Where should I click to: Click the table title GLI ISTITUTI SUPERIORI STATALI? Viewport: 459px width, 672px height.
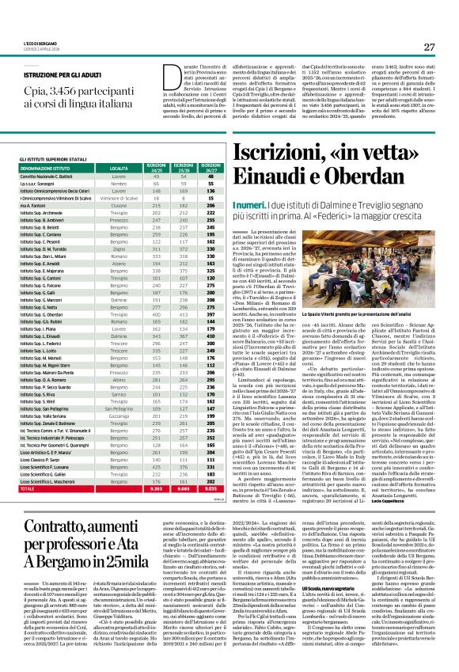51,159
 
